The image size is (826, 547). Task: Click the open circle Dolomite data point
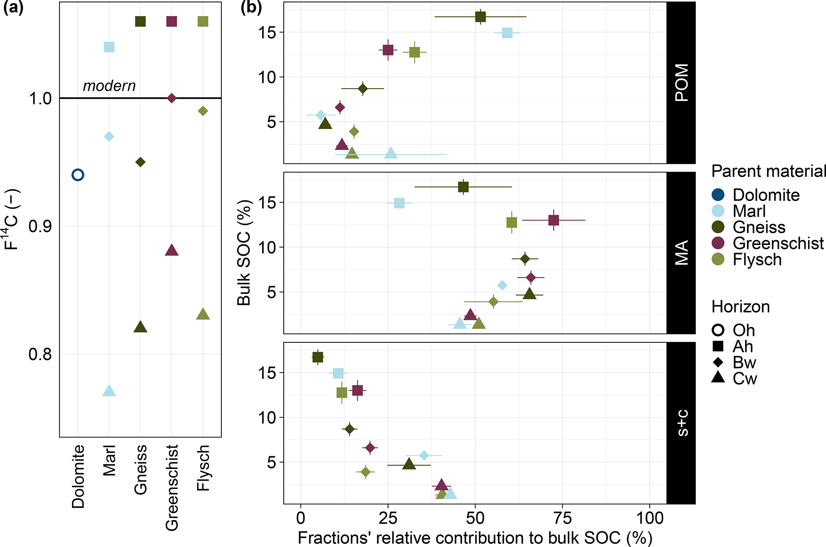[x=78, y=175]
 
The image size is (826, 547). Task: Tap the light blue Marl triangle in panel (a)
[x=109, y=391]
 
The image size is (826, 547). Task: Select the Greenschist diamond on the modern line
[x=171, y=98]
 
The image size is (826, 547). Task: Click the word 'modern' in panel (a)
[x=109, y=86]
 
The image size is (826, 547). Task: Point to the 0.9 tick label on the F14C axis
[x=40, y=227]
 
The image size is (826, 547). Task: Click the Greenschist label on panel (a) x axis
[x=172, y=487]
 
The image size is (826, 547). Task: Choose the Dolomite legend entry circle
[x=718, y=195]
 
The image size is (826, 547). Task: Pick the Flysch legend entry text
[x=757, y=260]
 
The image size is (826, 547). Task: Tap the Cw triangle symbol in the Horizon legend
[x=718, y=377]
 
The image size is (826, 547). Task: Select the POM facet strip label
[x=681, y=82]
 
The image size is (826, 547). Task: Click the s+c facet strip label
[x=681, y=423]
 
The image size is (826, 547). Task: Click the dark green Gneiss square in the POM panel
[x=480, y=17]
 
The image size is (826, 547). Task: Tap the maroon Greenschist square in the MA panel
[x=553, y=220]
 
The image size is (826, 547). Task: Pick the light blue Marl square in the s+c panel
[x=338, y=373]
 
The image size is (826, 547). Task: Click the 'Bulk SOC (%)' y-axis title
[x=244, y=253]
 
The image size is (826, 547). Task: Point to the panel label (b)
[x=251, y=8]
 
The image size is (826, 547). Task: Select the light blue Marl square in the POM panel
[x=507, y=33]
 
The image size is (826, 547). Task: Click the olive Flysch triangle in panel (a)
[x=203, y=314]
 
